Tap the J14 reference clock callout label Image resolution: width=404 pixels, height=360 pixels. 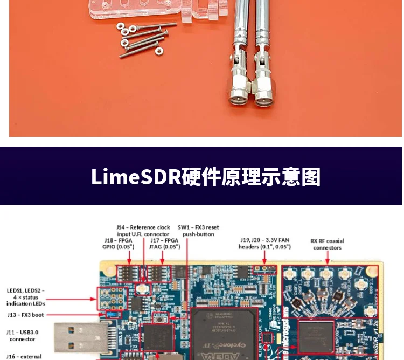pyautogui.click(x=143, y=231)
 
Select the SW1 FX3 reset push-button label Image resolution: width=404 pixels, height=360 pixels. pyautogui.click(x=198, y=231)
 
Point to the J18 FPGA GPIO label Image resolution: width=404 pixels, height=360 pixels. pyautogui.click(x=117, y=244)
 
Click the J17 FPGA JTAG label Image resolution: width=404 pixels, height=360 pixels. pyautogui.click(x=165, y=244)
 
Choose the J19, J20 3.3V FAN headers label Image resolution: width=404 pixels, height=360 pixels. pyautogui.click(x=264, y=244)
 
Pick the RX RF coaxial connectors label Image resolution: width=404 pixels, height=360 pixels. pyautogui.click(x=327, y=244)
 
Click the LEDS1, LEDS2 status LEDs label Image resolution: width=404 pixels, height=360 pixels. pyautogui.click(x=26, y=297)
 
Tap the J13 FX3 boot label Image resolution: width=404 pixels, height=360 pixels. pyautogui.click(x=26, y=315)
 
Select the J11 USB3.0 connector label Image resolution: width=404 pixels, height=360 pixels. pyautogui.click(x=23, y=336)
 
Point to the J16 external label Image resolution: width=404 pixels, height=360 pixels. pyautogui.click(x=24, y=356)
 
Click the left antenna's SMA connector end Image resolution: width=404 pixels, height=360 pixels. pyautogui.click(x=239, y=97)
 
